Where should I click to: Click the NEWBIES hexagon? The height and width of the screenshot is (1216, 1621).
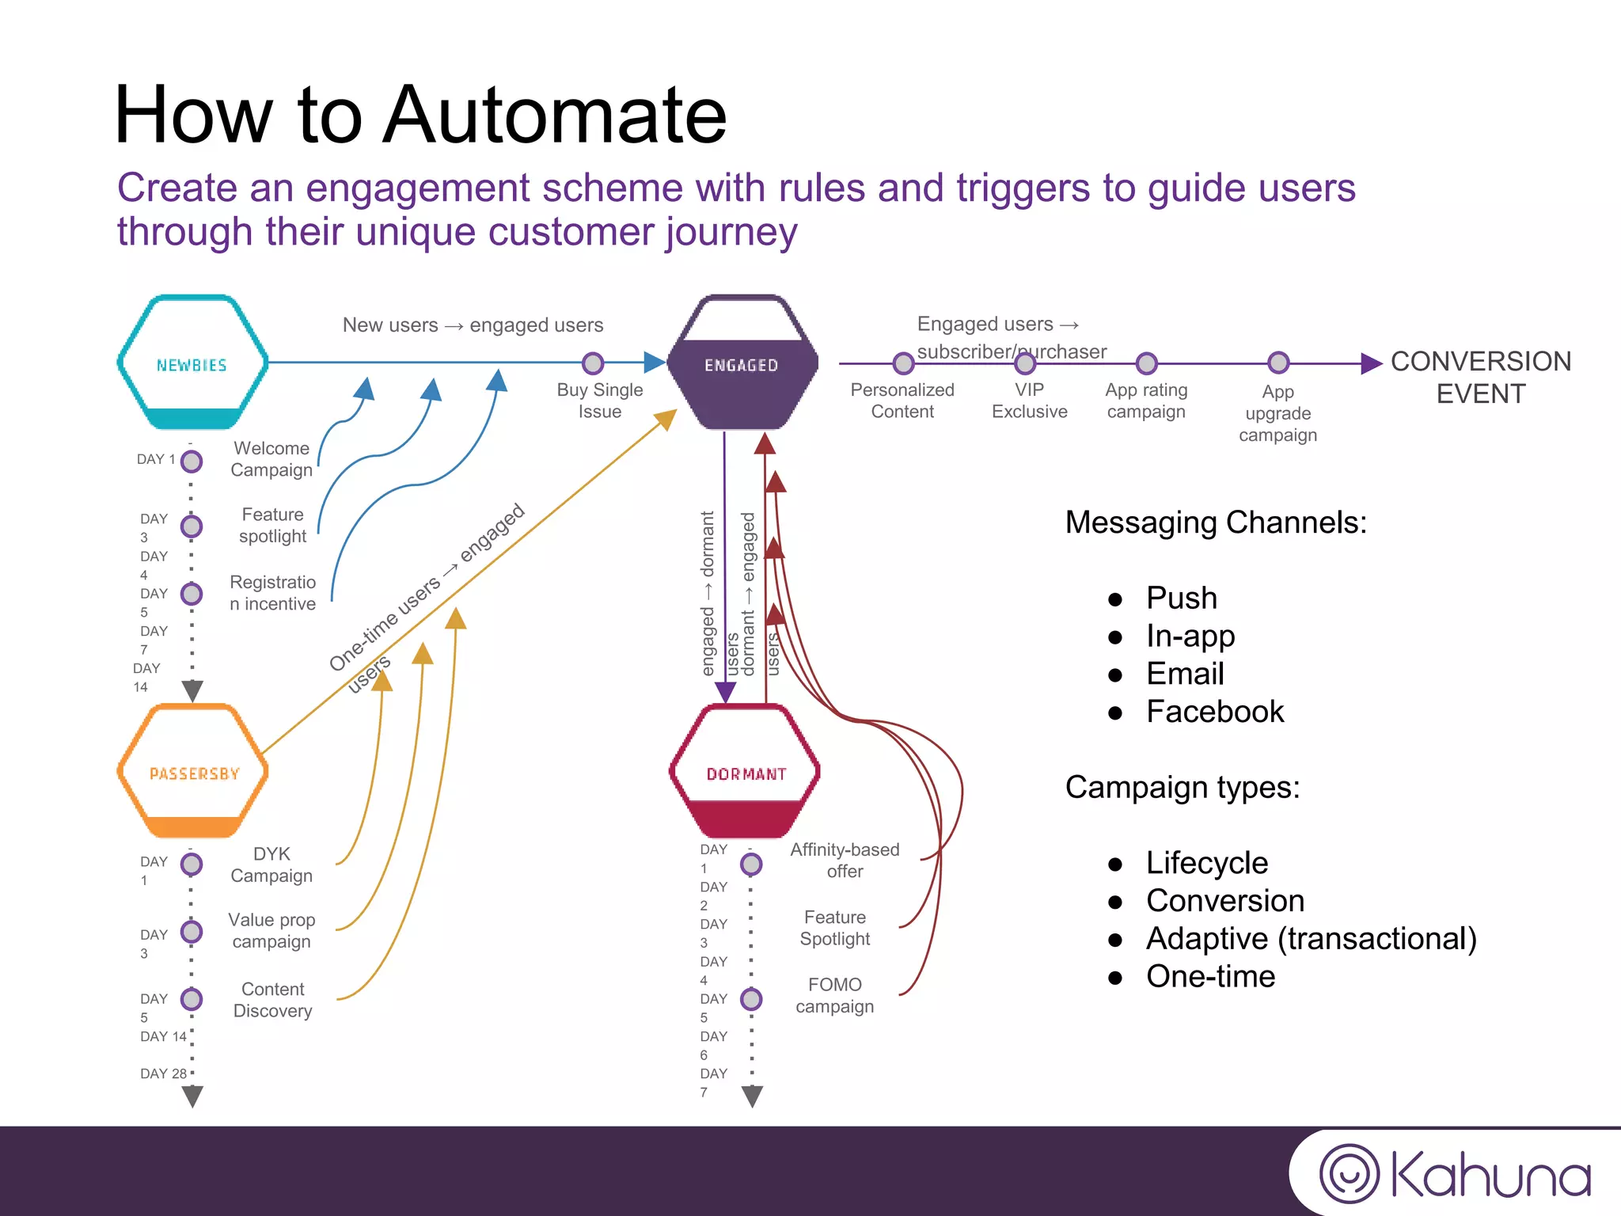point(192,363)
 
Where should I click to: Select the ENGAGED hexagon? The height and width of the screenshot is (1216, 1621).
point(742,363)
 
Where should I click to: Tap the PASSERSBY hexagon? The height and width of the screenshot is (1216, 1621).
point(192,772)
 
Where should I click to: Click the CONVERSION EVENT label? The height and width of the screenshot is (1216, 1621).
point(1480,378)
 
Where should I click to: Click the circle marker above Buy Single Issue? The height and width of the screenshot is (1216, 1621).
point(593,363)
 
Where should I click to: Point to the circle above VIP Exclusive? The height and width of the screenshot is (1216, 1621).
point(1025,363)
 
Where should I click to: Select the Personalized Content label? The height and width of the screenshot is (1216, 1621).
point(902,401)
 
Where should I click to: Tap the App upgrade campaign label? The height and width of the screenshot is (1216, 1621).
point(1277,413)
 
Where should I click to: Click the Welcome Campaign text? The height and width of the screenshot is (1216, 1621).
point(271,459)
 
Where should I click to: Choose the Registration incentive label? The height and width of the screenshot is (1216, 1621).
point(272,593)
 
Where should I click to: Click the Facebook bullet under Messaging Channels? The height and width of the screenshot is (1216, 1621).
point(1214,712)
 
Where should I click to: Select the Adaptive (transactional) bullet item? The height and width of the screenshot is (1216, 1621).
point(1311,939)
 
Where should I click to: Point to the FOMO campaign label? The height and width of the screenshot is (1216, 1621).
point(834,995)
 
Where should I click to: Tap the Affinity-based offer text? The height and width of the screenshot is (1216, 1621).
point(845,861)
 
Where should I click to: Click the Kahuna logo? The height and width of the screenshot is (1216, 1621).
point(1455,1174)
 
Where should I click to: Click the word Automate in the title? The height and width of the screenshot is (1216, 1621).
point(554,116)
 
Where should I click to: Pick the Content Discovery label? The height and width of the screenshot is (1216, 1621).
point(272,1000)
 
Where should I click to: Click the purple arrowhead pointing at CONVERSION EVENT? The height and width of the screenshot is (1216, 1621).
point(1371,363)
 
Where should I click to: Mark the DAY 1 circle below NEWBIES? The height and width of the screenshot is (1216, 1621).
point(192,461)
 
